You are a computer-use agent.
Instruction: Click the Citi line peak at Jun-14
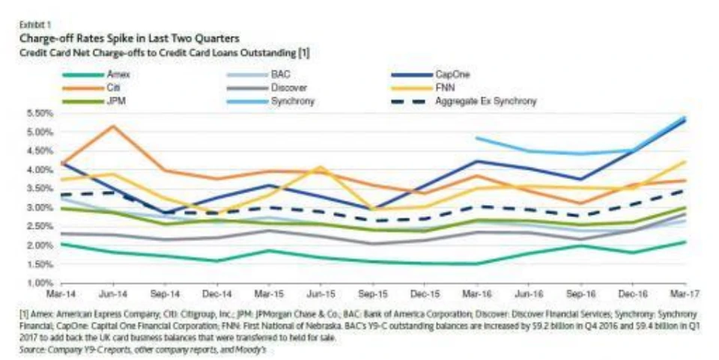pos(113,126)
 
